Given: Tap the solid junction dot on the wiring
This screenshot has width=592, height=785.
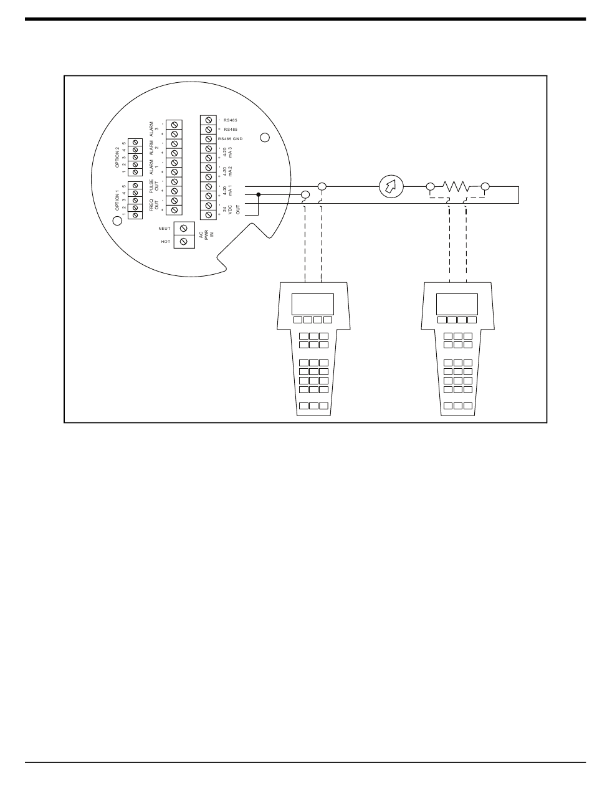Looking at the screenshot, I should click(259, 194).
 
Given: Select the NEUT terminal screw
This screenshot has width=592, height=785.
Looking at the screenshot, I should click(184, 229).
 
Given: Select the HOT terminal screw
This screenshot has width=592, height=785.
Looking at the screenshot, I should click(184, 241).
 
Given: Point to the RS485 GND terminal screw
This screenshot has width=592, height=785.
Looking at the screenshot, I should click(208, 138).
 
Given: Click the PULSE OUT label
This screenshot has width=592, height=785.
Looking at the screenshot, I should click(154, 186).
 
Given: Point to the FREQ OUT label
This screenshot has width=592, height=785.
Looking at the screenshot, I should click(154, 205).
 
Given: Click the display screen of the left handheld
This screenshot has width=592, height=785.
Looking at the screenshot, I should click(312, 303).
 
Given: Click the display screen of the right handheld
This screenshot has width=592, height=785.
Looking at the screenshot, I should click(457, 303).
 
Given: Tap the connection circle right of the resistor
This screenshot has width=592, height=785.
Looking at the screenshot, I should click(485, 186).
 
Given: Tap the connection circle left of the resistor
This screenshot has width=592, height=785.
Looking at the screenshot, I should click(430, 186).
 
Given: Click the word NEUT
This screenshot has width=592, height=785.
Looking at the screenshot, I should click(165, 229).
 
